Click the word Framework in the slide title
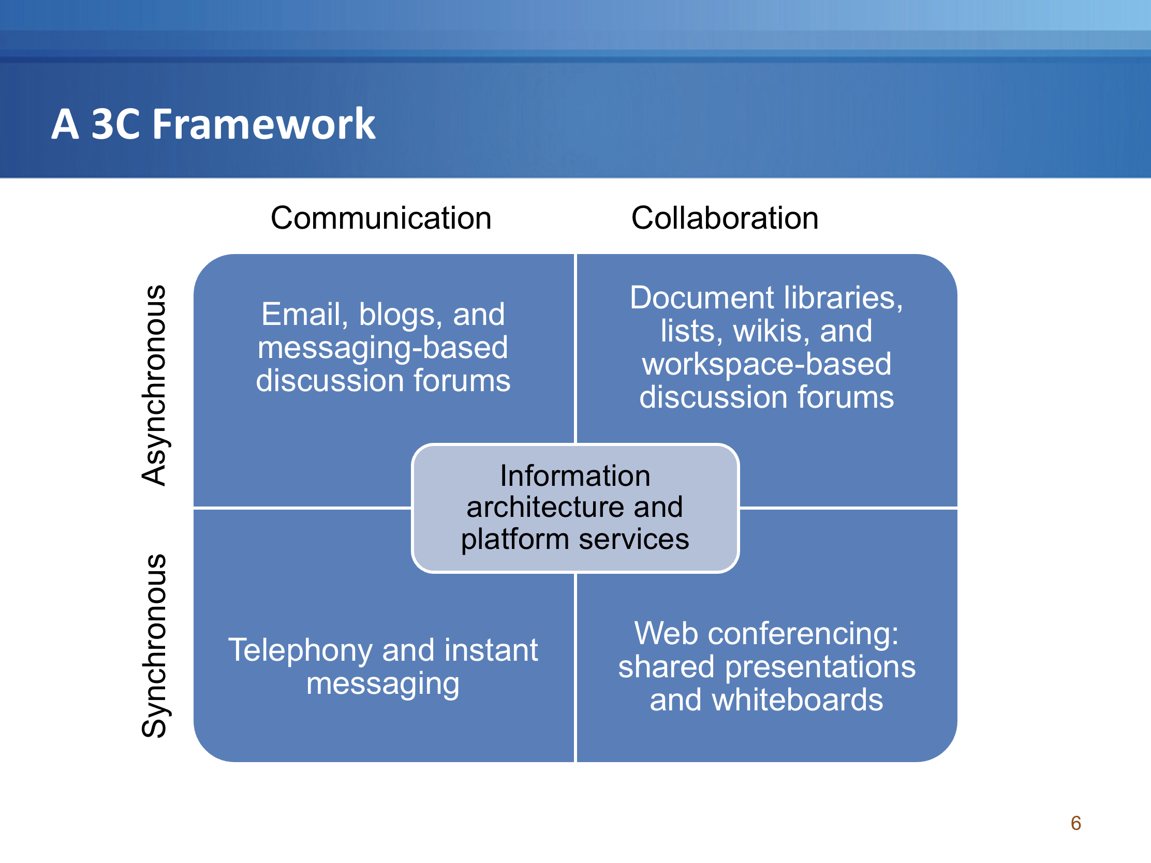[x=264, y=124]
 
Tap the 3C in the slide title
[x=115, y=124]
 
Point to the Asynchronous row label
[x=154, y=385]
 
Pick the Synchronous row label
[x=154, y=646]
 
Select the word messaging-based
[x=382, y=348]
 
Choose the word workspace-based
[x=766, y=364]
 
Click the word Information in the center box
[x=575, y=475]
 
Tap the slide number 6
[x=1075, y=823]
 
